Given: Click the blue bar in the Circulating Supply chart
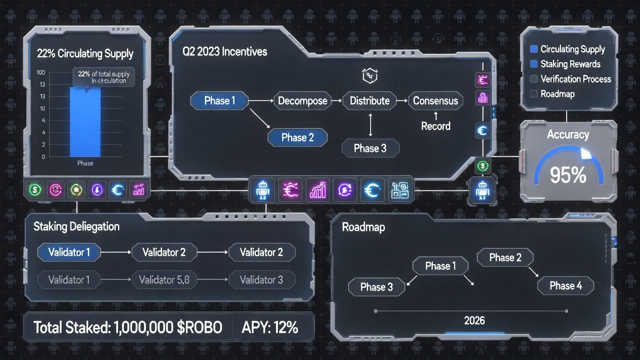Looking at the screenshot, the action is pos(85,122).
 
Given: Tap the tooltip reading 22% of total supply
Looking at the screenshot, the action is pos(103,77).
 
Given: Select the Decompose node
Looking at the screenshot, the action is pos(302,100).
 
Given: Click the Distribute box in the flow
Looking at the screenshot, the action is pos(369,100).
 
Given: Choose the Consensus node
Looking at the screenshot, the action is pos(435,100).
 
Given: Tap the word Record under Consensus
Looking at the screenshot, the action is pos(435,126).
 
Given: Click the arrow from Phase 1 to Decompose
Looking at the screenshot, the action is pos(261,101).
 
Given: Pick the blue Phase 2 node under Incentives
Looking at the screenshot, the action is pos(297,137).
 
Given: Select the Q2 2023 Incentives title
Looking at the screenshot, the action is pos(224,51).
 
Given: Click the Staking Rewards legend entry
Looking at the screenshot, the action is pos(570,64).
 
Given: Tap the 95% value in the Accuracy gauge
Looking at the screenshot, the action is pos(567,175).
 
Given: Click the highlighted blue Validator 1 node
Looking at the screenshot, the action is pos(69,252).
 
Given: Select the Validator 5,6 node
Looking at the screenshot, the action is pos(164,280).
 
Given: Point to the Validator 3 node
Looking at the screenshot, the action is pos(261,280).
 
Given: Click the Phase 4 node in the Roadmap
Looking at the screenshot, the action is pos(565,286).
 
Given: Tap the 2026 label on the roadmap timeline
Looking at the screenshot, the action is pos(474,320).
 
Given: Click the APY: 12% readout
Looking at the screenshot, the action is pos(269,327).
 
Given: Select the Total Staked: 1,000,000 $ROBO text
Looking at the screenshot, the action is pos(127,327).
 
